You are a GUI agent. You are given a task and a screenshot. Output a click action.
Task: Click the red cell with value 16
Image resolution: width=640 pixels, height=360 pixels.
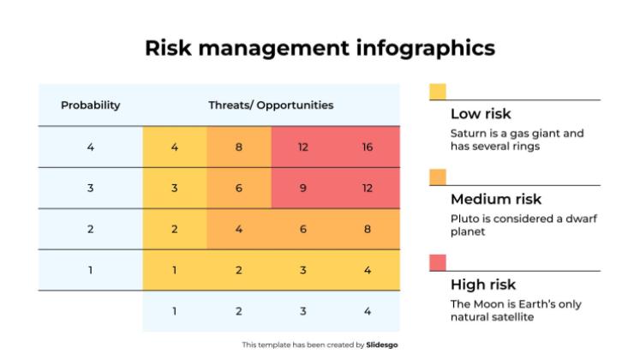(x=367, y=147)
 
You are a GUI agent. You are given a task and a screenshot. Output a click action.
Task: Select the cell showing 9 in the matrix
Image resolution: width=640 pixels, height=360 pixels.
(x=303, y=189)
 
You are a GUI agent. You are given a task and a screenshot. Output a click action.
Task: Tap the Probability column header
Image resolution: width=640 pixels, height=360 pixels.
(x=90, y=105)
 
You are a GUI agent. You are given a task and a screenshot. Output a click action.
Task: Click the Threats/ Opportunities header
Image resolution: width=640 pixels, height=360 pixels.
(x=271, y=105)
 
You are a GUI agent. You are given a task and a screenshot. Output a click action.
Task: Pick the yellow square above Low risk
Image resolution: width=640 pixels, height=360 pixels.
(x=437, y=92)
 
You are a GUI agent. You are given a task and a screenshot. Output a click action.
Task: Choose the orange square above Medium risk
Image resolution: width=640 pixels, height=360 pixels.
(x=437, y=177)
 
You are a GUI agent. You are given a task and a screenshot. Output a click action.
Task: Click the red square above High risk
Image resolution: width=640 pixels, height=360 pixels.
(x=437, y=261)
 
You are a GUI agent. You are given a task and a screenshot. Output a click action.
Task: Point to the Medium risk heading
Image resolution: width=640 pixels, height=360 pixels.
(x=496, y=200)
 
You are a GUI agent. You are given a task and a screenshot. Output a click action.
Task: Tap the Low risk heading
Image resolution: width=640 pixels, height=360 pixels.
(x=481, y=114)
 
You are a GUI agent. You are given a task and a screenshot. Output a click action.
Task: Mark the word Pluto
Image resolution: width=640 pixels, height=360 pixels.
(x=464, y=219)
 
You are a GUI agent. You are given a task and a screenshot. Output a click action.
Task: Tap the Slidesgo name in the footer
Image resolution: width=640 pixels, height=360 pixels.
(x=382, y=345)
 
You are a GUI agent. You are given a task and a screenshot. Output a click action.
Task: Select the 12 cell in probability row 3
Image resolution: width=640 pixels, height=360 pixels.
(x=367, y=189)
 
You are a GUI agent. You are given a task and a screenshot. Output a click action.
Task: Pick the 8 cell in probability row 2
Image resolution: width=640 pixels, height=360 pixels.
(x=367, y=229)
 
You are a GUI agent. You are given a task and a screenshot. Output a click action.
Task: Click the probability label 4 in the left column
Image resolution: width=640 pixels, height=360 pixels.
(x=90, y=147)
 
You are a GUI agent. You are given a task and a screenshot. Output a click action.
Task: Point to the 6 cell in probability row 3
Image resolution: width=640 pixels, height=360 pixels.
(x=239, y=189)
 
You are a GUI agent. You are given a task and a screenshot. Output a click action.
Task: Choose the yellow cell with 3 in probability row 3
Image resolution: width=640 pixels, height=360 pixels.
(x=175, y=189)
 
